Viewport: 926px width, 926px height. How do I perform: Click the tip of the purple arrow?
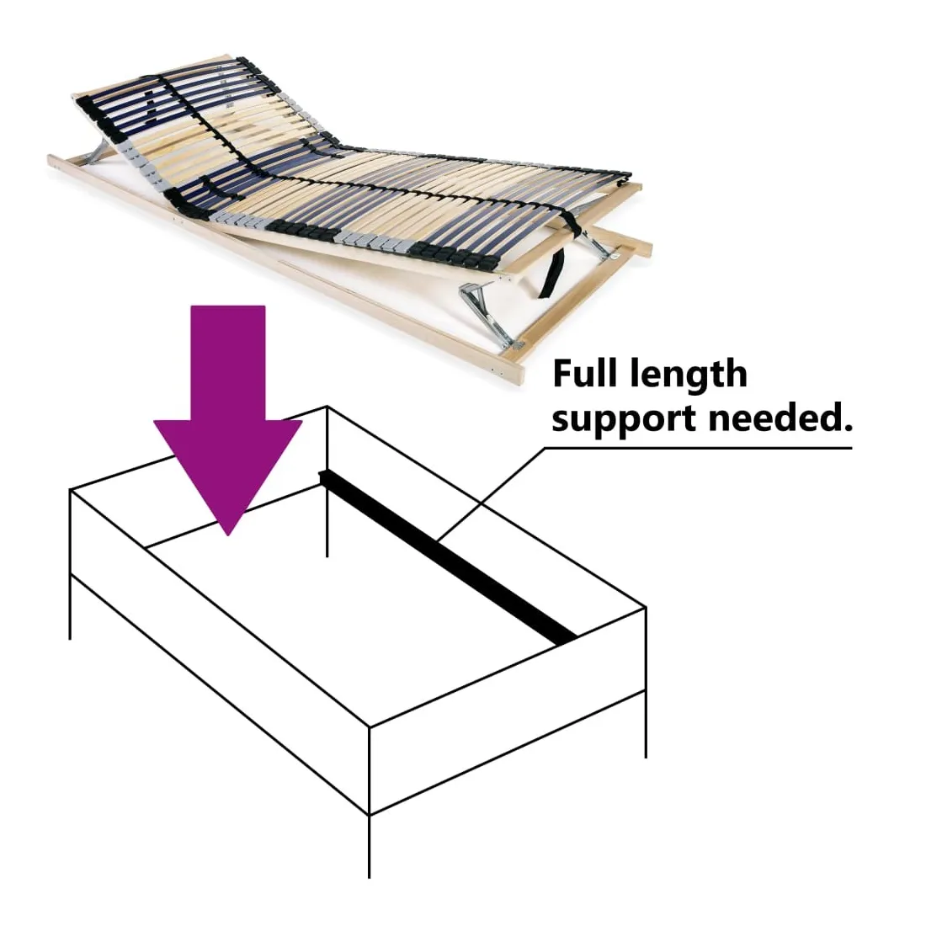pos(228,535)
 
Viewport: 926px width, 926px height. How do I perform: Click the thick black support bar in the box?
pos(448,556)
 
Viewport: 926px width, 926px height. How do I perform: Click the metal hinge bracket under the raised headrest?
pos(96,152)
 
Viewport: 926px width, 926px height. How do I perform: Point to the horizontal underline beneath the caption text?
pos(699,448)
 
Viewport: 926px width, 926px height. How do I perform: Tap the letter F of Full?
pos(563,374)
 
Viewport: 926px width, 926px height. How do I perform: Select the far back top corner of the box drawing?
pos(327,407)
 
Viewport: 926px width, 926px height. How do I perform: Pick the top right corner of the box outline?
pos(646,607)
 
